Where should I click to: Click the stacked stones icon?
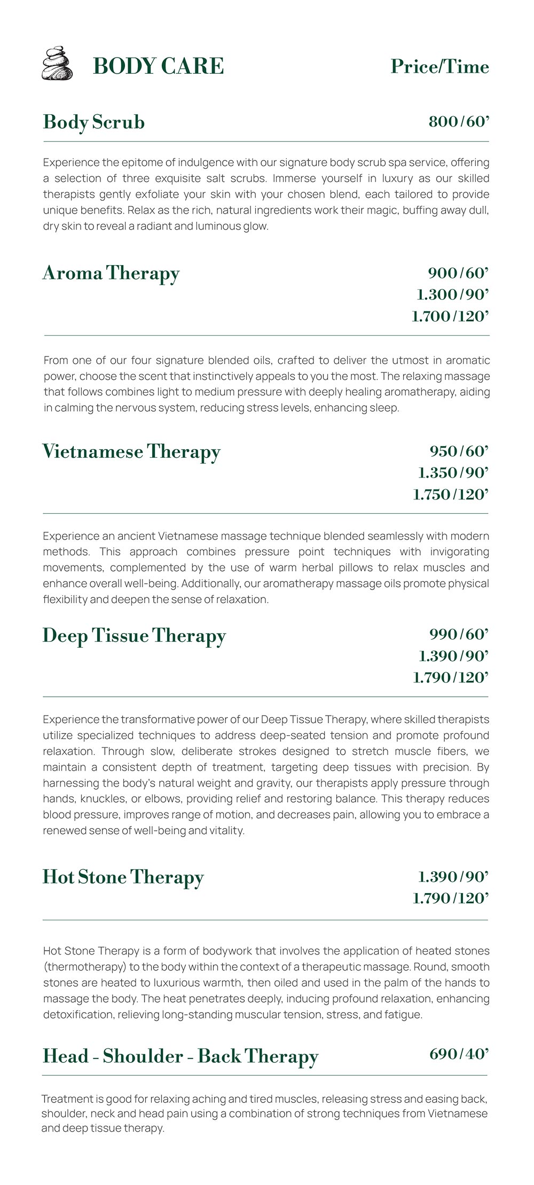[x=57, y=63]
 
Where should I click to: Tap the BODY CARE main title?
[x=158, y=67]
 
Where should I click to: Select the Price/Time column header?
[x=439, y=67]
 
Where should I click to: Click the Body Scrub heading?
[x=94, y=122]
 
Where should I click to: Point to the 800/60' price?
[x=459, y=122]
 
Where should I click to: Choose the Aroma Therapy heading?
[x=111, y=273]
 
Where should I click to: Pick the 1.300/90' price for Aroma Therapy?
[x=453, y=295]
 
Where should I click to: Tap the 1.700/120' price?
[x=450, y=316]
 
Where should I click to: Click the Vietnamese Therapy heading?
[x=131, y=452]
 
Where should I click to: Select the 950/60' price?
[x=459, y=451]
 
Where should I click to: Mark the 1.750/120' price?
[x=451, y=495]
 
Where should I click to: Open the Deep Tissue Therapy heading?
[x=134, y=635]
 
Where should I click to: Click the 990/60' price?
[x=459, y=634]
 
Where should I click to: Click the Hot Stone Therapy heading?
[x=123, y=877]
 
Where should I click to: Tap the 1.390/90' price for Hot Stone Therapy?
[x=453, y=877]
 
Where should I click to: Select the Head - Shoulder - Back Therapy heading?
[x=180, y=1056]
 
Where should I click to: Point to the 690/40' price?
[x=459, y=1054]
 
